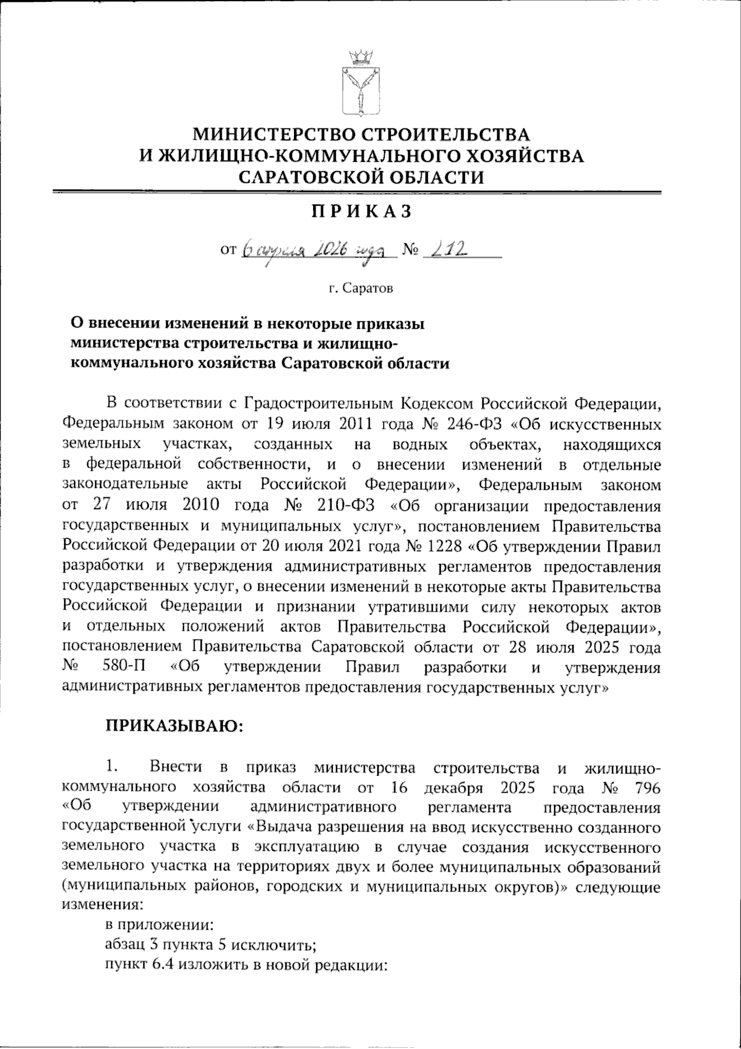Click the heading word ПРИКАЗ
pyautogui.click(x=361, y=211)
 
